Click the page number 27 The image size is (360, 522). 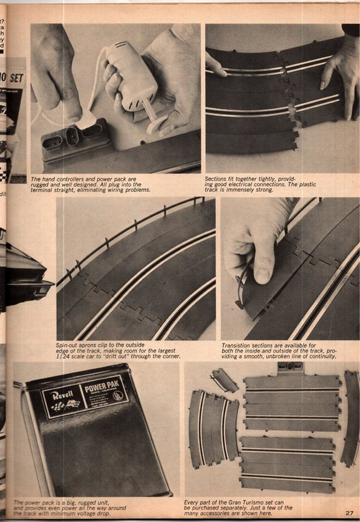point(350,513)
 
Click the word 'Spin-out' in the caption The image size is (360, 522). point(67,343)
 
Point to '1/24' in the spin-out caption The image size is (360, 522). point(65,356)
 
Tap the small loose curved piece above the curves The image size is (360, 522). point(223,381)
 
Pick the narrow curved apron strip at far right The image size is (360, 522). point(350,427)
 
